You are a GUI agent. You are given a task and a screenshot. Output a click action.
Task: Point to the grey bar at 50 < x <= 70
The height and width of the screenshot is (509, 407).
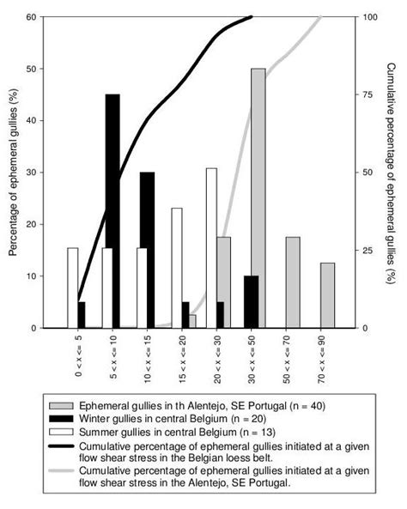[293, 282]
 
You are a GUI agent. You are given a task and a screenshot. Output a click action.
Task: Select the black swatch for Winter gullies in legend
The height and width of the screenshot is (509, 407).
[62, 418]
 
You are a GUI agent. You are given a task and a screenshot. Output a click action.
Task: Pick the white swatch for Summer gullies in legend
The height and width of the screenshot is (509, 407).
[62, 430]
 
